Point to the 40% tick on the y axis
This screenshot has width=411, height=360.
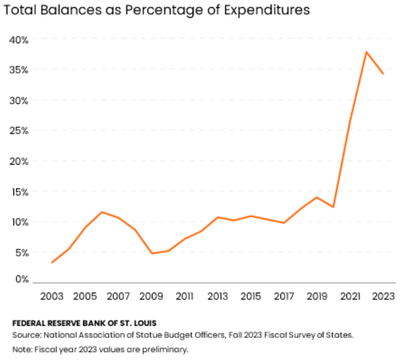coord(19,40)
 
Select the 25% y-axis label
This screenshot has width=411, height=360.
coord(19,131)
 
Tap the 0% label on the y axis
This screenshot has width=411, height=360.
coord(21,279)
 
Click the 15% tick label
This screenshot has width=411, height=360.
coord(19,191)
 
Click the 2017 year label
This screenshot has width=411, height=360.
coord(284,295)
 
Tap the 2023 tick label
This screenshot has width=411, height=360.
coord(383,295)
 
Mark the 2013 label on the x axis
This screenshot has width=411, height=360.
coord(218,295)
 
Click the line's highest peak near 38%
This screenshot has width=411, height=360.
coord(366,51)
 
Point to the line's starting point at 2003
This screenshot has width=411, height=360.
coord(53,262)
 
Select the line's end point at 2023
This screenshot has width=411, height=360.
coord(383,73)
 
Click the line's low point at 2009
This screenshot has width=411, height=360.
coord(152,253)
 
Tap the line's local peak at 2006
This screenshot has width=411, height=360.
coord(102,212)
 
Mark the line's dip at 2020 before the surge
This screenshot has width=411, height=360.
coord(333,207)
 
